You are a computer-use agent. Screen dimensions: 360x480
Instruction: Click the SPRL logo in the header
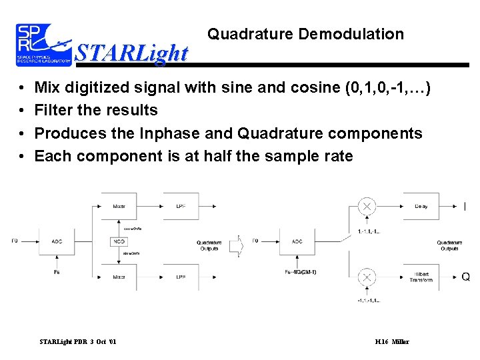44,45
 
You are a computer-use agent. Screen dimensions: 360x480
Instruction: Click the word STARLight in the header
131,53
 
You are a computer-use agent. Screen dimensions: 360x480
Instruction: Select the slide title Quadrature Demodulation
305,34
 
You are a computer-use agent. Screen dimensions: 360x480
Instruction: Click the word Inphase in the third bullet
168,133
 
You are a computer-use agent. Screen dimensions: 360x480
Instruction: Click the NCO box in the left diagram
119,241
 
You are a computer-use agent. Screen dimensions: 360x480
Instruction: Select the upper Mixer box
119,207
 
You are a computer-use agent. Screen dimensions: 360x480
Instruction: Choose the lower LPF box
181,277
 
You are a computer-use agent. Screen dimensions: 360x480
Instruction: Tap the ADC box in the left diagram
57,241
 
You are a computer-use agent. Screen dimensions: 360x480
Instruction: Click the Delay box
421,207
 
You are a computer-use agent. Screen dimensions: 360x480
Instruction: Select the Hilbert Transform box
421,277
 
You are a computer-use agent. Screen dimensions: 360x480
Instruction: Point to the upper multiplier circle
367,207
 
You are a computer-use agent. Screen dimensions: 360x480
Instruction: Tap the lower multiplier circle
367,277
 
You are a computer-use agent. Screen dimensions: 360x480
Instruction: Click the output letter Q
465,277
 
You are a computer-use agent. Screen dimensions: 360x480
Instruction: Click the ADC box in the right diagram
296,241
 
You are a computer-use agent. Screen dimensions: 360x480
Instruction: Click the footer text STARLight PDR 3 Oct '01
78,342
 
